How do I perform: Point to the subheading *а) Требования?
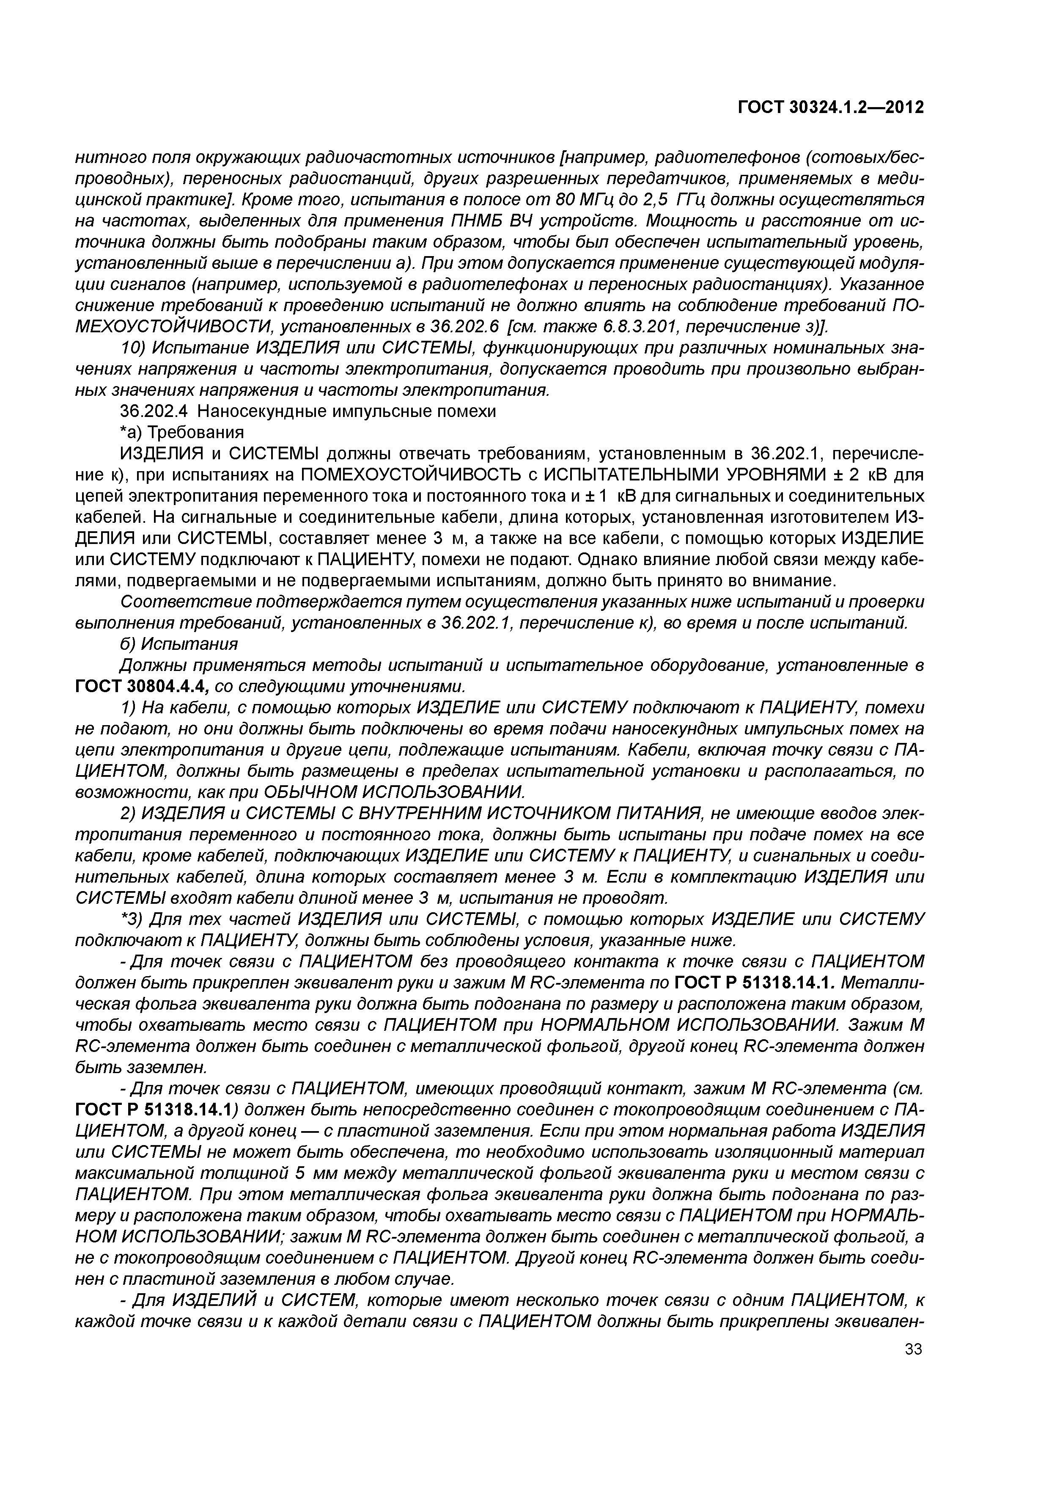point(183,432)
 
